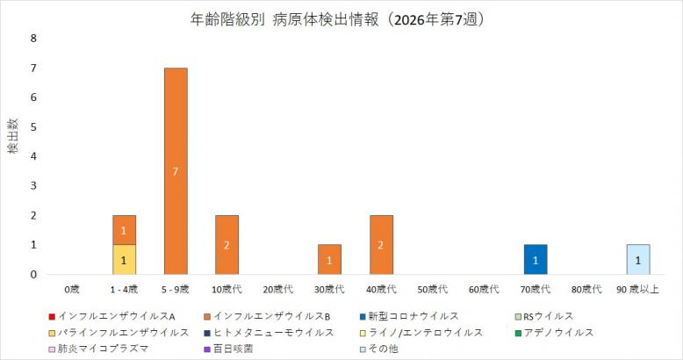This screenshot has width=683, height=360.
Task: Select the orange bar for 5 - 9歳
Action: [x=176, y=171]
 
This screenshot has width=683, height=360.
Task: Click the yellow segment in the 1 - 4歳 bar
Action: [x=124, y=260]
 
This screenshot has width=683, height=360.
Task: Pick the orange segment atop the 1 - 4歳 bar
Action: [x=124, y=230]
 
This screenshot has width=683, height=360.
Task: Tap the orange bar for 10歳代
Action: [x=226, y=245]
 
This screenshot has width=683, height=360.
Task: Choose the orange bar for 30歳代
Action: [x=329, y=260]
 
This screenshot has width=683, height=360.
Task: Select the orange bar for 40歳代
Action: [x=381, y=245]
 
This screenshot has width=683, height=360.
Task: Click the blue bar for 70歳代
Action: [x=535, y=260]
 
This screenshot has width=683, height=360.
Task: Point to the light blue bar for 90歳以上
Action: [x=638, y=260]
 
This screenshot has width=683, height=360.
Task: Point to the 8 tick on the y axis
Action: [x=34, y=39]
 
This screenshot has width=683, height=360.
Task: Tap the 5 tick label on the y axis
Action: [x=34, y=127]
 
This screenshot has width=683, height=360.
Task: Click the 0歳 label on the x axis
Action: [x=72, y=289]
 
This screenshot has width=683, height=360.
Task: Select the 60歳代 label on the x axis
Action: [x=484, y=289]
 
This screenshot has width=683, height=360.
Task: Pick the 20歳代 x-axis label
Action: [x=277, y=289]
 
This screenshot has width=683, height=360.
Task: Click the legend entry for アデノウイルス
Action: [x=558, y=332]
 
